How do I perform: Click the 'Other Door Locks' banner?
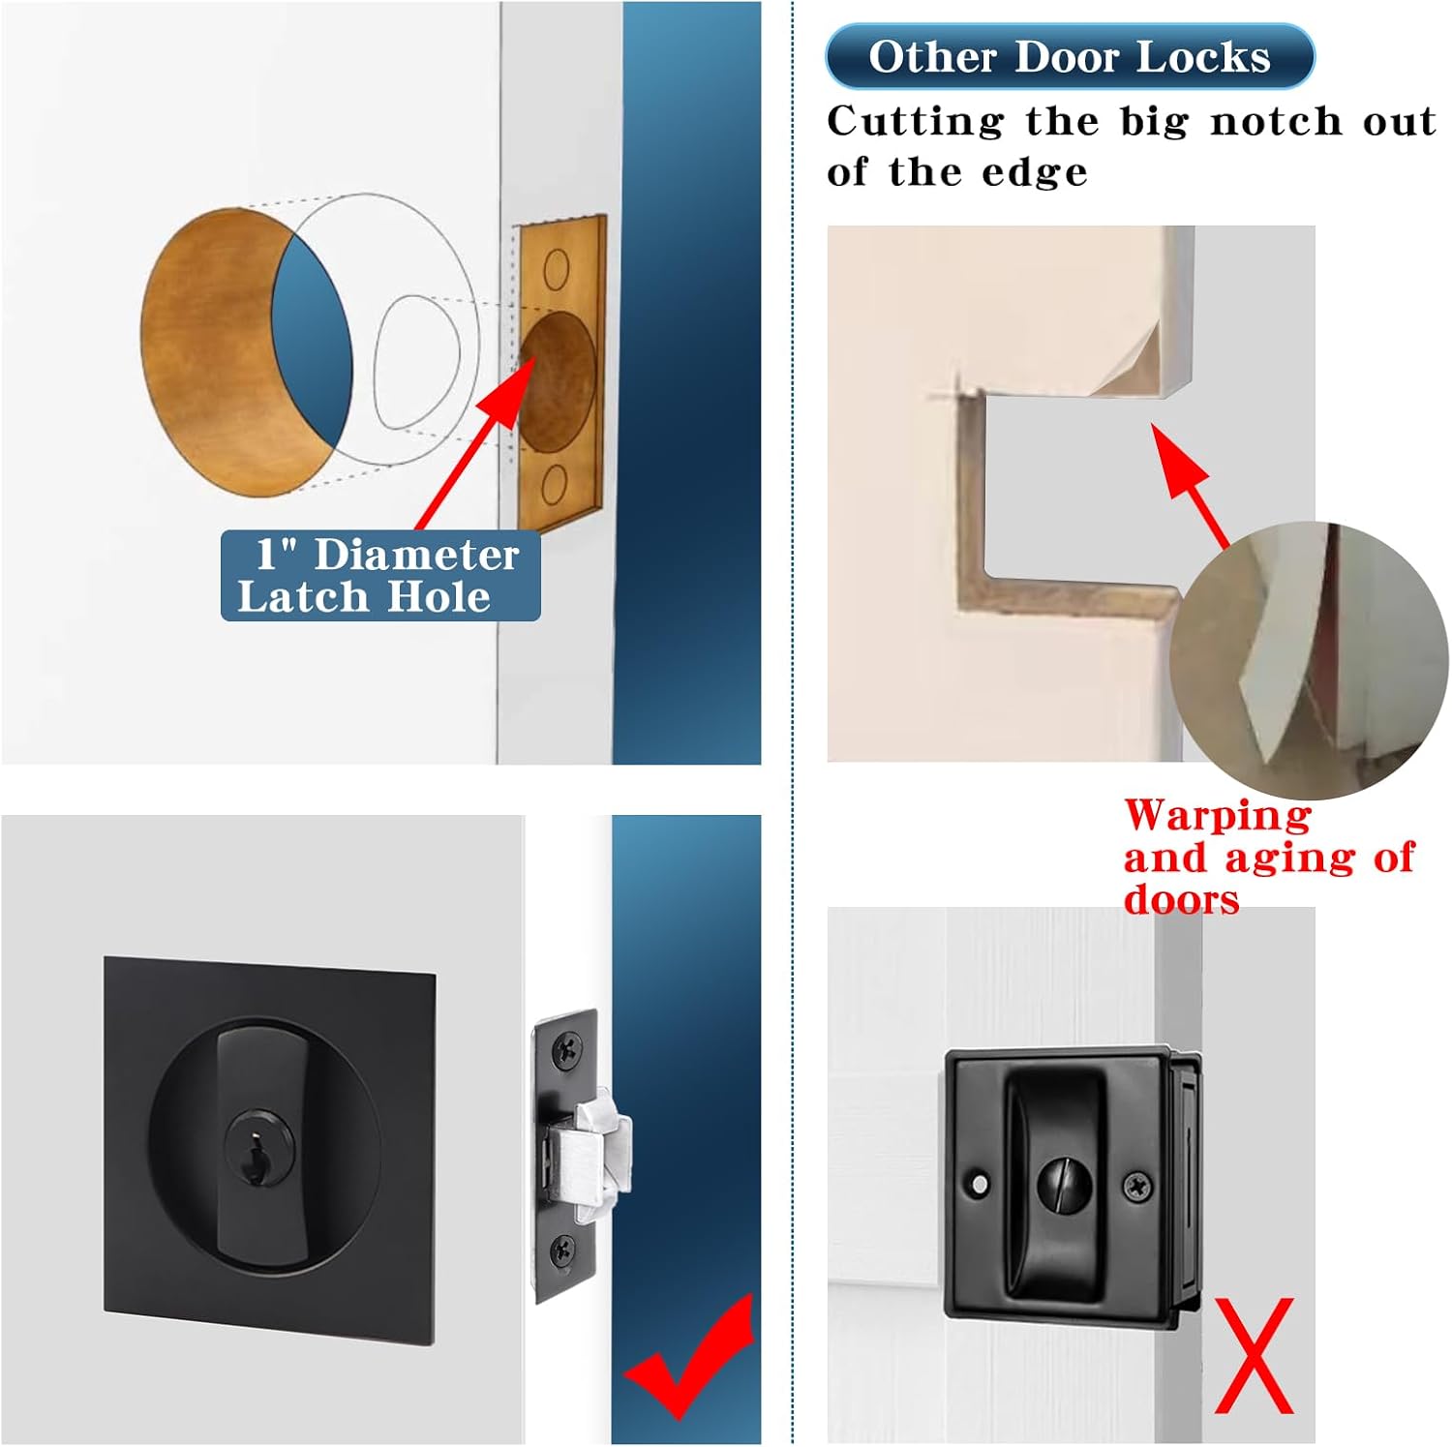(x=1069, y=56)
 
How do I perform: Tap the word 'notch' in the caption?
(x=1276, y=122)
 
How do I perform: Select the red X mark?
(x=1254, y=1355)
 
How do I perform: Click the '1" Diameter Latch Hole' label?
(x=379, y=575)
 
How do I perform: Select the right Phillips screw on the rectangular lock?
(x=1137, y=1185)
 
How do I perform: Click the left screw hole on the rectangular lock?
(x=981, y=1184)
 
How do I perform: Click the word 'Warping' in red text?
(x=1217, y=815)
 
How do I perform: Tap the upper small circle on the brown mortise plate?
(x=556, y=269)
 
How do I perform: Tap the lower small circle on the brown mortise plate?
(x=554, y=483)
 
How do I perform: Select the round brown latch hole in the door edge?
(x=557, y=380)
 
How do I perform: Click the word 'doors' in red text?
(x=1181, y=900)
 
